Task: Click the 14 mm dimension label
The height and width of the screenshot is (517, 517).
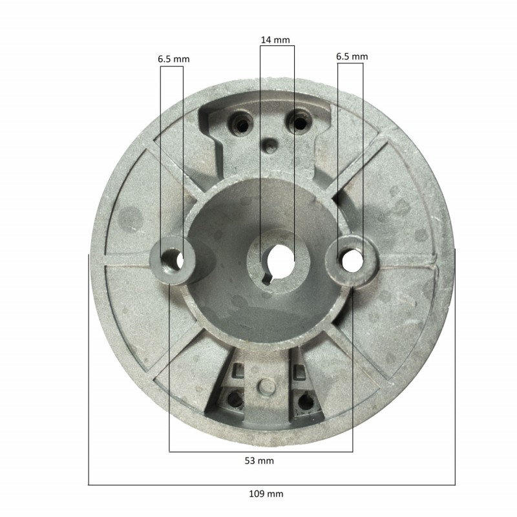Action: pos(275,40)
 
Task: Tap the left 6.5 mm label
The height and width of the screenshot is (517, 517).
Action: pos(173,58)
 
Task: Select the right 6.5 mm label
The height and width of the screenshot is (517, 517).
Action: pos(352,56)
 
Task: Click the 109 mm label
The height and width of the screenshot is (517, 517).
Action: pos(266,494)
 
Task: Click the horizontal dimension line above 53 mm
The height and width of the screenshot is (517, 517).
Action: pos(261,451)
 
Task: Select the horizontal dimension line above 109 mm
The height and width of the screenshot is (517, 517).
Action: pos(271,484)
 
